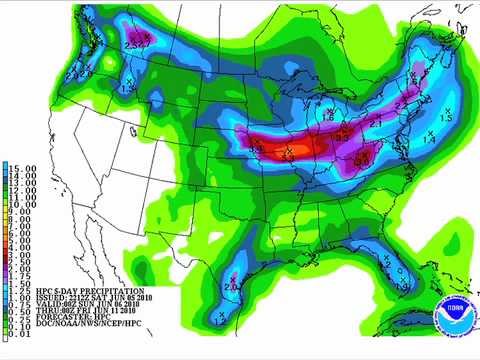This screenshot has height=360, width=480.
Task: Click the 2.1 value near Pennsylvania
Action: [374, 122]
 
